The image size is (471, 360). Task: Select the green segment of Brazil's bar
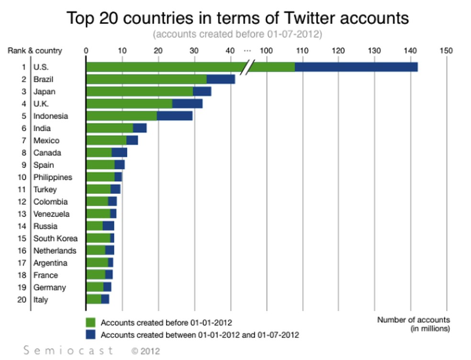tap(146, 79)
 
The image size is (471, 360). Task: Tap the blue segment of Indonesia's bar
tap(174, 116)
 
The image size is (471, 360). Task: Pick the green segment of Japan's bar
tap(139, 91)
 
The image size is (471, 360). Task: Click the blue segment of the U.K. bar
tap(187, 104)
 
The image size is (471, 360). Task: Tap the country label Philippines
tap(53, 177)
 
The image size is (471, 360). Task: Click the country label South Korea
tap(56, 238)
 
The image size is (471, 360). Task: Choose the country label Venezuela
tap(51, 214)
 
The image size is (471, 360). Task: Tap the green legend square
tap(90, 323)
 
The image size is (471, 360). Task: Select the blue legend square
tap(90, 335)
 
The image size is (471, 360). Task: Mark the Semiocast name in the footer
tap(68, 350)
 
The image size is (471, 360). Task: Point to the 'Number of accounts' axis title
tap(414, 320)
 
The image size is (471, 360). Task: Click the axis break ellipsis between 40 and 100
tap(247, 50)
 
